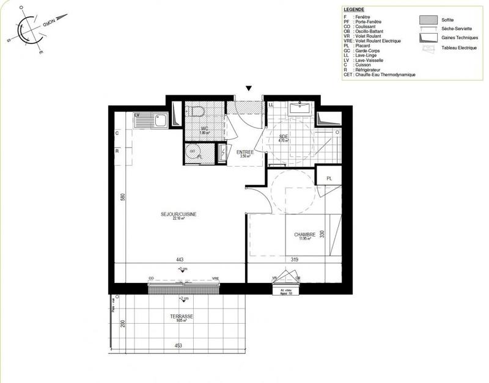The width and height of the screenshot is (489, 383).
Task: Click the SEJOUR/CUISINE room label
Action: pyautogui.click(x=178, y=214)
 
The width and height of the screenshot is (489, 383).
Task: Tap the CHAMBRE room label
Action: pyautogui.click(x=304, y=235)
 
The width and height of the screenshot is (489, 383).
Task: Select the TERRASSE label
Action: pyautogui.click(x=182, y=316)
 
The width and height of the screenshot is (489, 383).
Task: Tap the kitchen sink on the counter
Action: pyautogui.click(x=160, y=120)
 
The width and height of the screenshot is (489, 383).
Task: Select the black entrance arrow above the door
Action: pyautogui.click(x=248, y=89)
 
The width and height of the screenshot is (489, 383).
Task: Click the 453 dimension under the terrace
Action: pyautogui.click(x=178, y=346)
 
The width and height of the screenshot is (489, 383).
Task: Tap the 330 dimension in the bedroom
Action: pyautogui.click(x=321, y=233)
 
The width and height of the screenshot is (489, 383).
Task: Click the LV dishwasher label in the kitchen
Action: pyautogui.click(x=137, y=114)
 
